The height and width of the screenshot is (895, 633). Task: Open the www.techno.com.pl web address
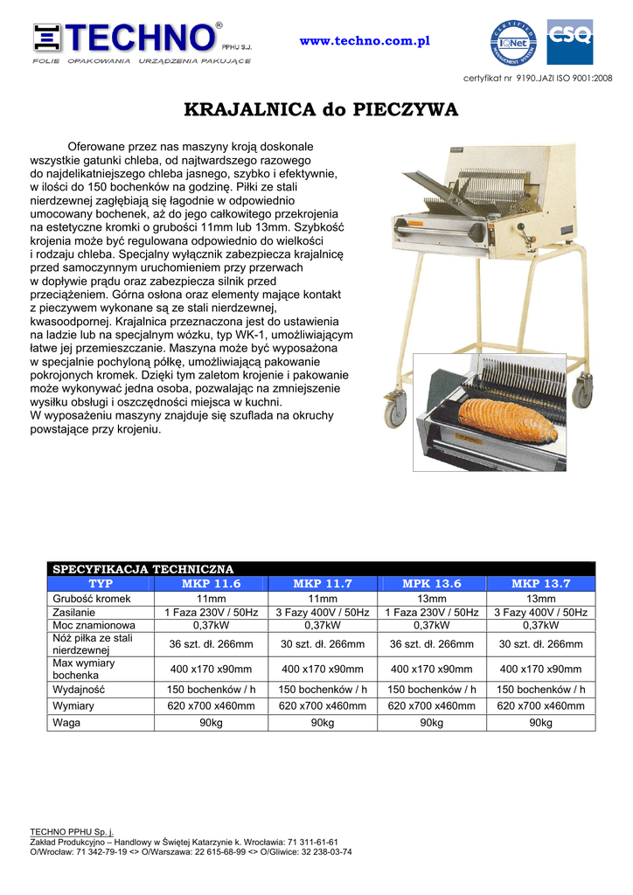click(x=365, y=42)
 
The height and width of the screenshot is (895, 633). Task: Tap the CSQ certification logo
click(x=569, y=42)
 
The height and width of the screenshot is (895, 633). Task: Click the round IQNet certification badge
click(x=516, y=42)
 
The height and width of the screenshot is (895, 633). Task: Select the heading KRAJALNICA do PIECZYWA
click(x=321, y=110)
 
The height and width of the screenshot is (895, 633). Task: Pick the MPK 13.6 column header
click(x=431, y=584)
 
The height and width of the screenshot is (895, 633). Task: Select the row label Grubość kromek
click(x=92, y=599)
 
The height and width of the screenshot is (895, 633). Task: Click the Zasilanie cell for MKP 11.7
click(x=322, y=613)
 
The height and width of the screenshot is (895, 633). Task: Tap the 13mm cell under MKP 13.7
click(x=540, y=599)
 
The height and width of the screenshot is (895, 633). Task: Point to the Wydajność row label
click(x=79, y=690)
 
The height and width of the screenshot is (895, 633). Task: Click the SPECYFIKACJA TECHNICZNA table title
click(x=143, y=569)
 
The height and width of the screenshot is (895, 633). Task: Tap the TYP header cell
click(x=101, y=584)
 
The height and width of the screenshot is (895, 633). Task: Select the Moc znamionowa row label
click(x=94, y=626)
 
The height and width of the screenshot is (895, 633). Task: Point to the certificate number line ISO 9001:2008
click(x=538, y=79)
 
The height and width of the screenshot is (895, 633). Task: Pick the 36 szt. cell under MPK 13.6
click(x=431, y=644)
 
